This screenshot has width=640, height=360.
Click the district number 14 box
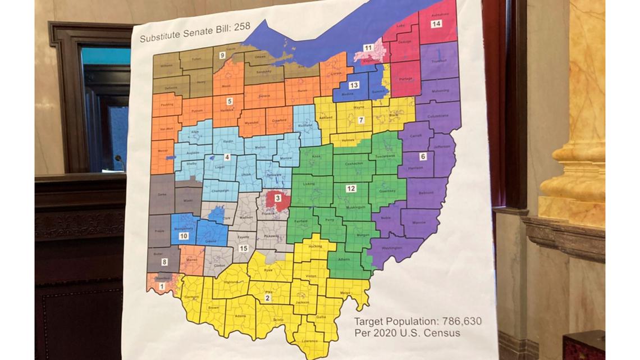(x=436, y=24)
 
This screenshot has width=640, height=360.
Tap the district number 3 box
(x=277, y=197)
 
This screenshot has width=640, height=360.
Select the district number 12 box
(x=351, y=188)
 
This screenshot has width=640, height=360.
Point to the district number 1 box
(x=162, y=286)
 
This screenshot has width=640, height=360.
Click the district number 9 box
(x=222, y=55)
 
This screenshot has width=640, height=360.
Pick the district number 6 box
(x=423, y=157)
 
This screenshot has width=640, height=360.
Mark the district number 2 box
(x=268, y=298)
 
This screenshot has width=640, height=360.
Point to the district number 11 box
(x=368, y=48)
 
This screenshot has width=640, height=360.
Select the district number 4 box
(x=227, y=158)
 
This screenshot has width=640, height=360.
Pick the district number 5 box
(x=229, y=101)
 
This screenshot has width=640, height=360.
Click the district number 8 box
(x=164, y=262)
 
